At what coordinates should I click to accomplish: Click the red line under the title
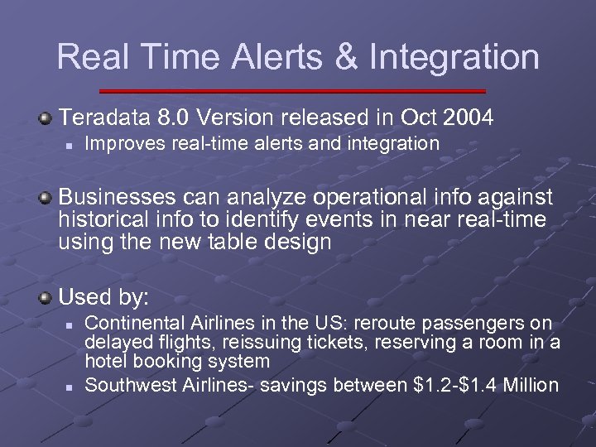pyautogui.click(x=292, y=90)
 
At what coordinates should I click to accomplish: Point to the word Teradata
pyautogui.click(x=102, y=118)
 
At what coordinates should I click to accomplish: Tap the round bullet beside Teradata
pyautogui.click(x=47, y=118)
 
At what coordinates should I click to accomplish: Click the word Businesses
pyautogui.click(x=117, y=199)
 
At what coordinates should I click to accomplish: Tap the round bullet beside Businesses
pyautogui.click(x=47, y=199)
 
